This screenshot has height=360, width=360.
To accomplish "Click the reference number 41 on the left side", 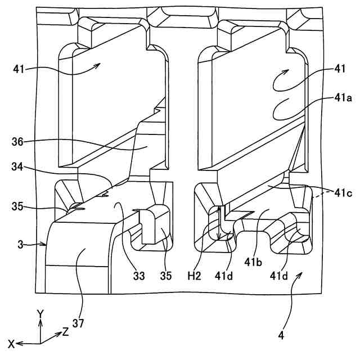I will click(17, 69).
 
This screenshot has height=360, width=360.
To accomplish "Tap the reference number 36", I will click(18, 142).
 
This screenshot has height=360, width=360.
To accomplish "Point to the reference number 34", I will click(18, 166).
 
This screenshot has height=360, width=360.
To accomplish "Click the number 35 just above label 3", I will click(18, 206).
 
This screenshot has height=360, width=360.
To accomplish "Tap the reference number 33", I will click(139, 276).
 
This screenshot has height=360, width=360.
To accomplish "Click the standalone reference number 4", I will click(281, 336).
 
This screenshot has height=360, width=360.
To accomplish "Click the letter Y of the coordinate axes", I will click(40, 313).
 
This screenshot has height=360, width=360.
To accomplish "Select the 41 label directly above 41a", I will click(339, 69).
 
